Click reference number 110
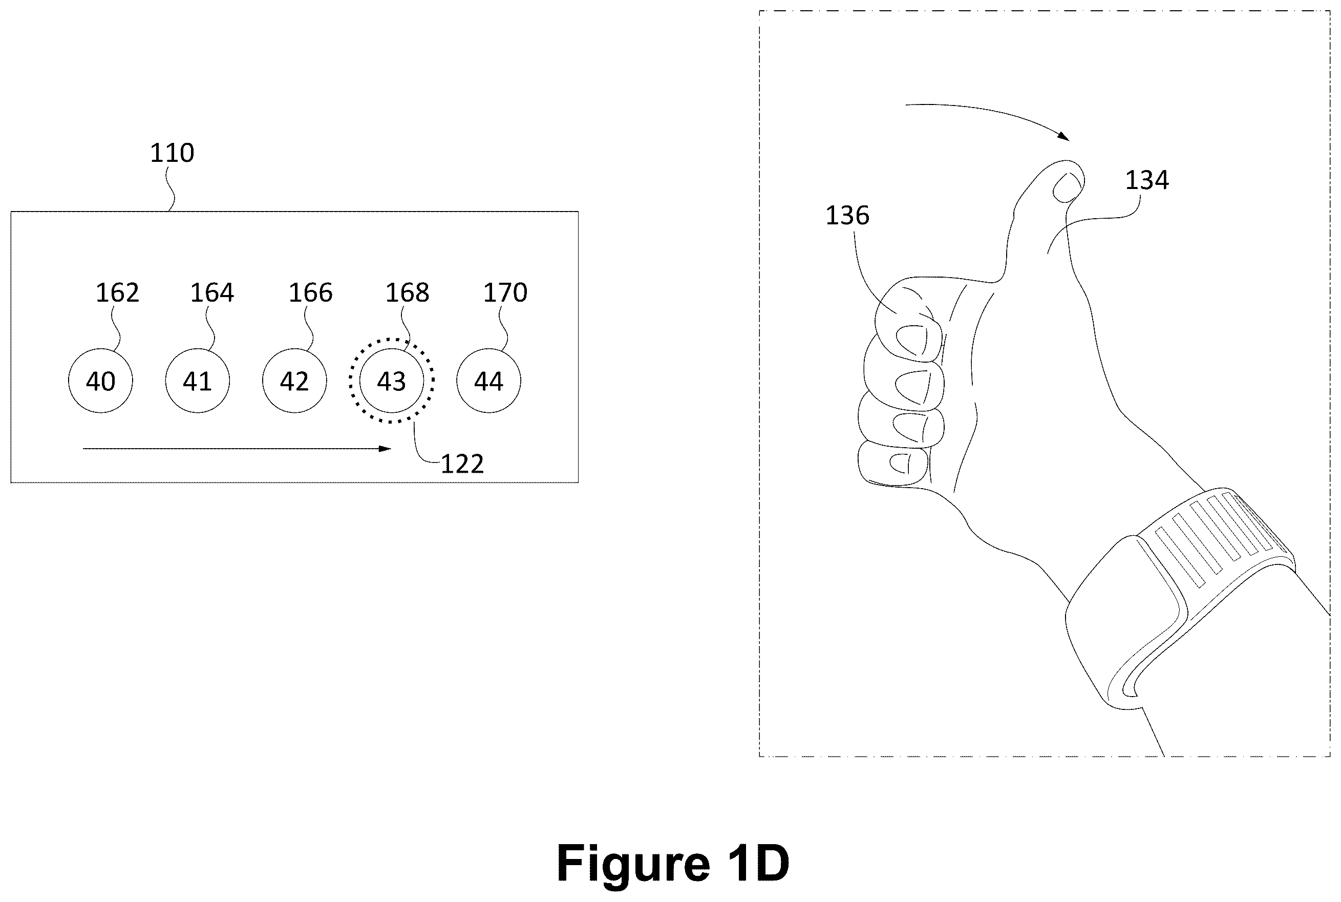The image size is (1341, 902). (x=172, y=153)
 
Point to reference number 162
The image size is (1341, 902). (x=117, y=293)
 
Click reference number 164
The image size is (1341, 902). (x=212, y=293)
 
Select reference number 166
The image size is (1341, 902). (x=310, y=293)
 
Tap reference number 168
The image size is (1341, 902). (x=407, y=293)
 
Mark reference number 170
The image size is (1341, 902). (x=505, y=293)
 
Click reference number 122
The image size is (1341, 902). (x=462, y=464)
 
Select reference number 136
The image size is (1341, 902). (x=847, y=216)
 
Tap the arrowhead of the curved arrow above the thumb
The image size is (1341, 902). (x=1064, y=136)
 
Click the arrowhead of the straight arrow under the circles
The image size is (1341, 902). (x=385, y=449)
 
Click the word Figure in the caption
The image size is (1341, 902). (x=633, y=864)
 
